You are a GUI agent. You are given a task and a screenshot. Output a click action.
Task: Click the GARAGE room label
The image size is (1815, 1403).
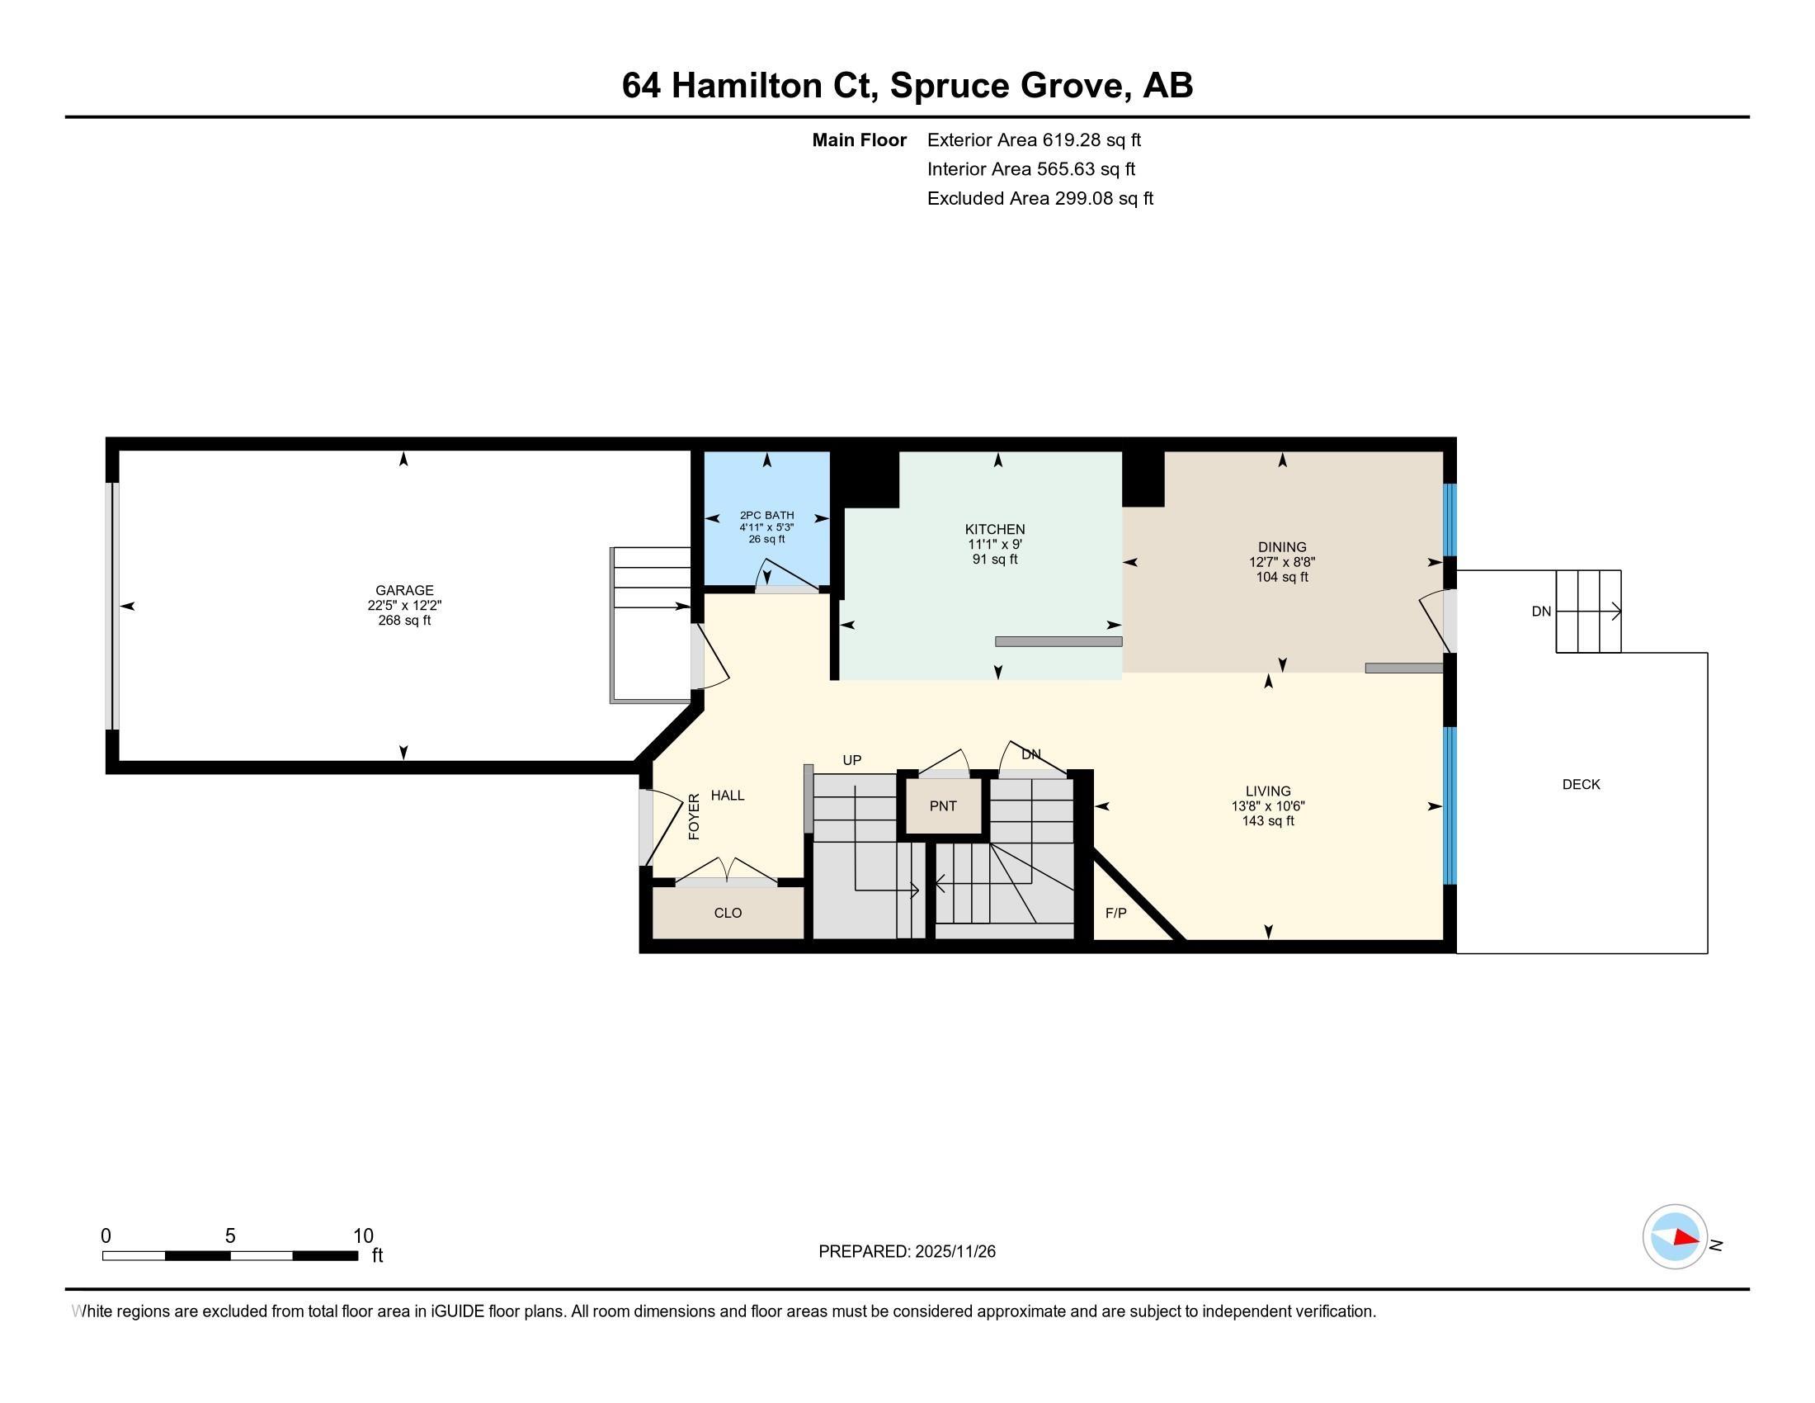[x=405, y=590]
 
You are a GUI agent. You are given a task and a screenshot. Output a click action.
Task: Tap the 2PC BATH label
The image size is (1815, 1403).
[x=767, y=515]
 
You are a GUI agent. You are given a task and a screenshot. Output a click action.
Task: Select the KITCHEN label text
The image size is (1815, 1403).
[x=995, y=530]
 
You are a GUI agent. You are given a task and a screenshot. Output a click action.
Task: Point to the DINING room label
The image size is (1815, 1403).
[x=1282, y=547]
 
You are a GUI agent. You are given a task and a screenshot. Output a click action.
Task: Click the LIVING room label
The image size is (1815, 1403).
[x=1268, y=791]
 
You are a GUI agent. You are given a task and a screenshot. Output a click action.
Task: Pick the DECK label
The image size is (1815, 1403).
[x=1582, y=785]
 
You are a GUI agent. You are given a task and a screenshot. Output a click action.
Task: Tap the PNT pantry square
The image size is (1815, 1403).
[x=943, y=805]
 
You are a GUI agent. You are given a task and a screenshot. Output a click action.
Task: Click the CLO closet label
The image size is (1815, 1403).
[x=728, y=913]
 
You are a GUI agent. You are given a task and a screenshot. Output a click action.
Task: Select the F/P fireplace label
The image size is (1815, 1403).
[x=1116, y=914]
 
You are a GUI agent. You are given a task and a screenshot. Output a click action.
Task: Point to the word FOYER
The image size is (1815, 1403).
[x=695, y=816]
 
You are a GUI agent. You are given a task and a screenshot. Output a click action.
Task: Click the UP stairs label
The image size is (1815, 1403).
[x=852, y=759]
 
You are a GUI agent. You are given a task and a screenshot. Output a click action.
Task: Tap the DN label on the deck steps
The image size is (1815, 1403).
[x=1542, y=612]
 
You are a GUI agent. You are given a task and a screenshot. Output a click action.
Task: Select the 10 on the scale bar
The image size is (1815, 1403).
[x=363, y=1236]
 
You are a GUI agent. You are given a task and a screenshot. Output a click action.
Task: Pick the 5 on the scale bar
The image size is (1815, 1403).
[x=230, y=1236]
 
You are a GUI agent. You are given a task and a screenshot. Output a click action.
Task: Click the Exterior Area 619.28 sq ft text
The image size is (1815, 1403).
[x=1034, y=140]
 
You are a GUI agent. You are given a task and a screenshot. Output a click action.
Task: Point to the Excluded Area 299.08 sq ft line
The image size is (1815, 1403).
[x=1040, y=199]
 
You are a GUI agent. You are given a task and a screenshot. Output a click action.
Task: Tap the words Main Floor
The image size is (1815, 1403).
[x=860, y=140]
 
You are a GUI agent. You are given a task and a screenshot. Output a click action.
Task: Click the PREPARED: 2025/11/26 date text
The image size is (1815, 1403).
[x=907, y=1252]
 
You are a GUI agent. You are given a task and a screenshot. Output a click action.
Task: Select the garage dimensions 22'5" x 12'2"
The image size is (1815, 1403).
[x=405, y=606]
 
